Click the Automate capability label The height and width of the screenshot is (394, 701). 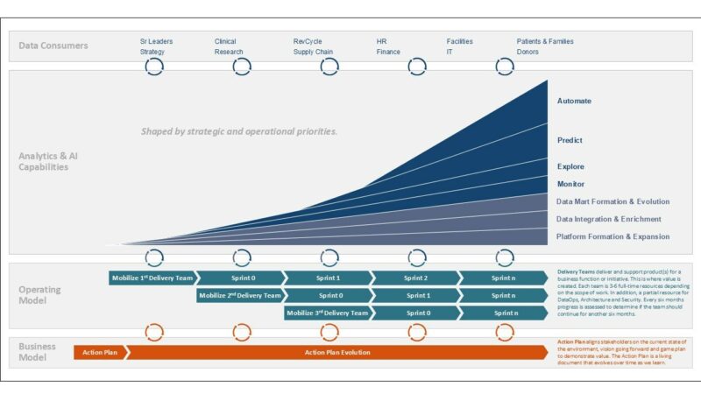(x=574, y=101)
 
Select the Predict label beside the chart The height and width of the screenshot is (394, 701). (x=570, y=140)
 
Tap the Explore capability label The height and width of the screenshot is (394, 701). (x=570, y=166)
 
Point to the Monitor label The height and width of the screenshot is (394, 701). (x=570, y=184)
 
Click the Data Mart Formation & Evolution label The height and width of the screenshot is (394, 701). (x=612, y=201)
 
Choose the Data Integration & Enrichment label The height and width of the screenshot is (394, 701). (x=608, y=219)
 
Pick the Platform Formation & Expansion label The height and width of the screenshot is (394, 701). (x=612, y=236)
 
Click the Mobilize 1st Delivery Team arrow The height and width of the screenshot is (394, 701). (x=152, y=278)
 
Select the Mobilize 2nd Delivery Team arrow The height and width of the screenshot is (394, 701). (x=240, y=295)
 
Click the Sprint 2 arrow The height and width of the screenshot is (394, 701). (x=415, y=278)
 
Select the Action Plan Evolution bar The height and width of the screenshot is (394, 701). (x=337, y=352)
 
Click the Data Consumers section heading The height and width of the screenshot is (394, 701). (x=53, y=46)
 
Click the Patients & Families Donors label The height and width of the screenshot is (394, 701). (x=545, y=46)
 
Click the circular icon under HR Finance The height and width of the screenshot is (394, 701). (x=417, y=67)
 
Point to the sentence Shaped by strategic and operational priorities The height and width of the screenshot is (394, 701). (x=239, y=131)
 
